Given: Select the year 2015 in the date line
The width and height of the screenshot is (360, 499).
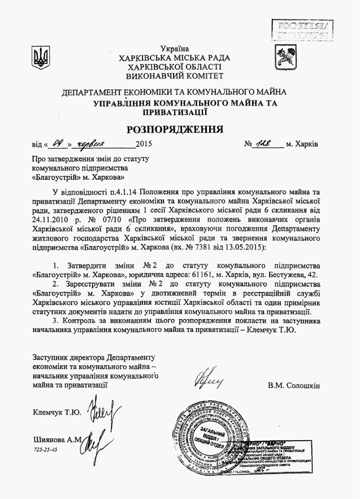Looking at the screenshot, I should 144,145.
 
